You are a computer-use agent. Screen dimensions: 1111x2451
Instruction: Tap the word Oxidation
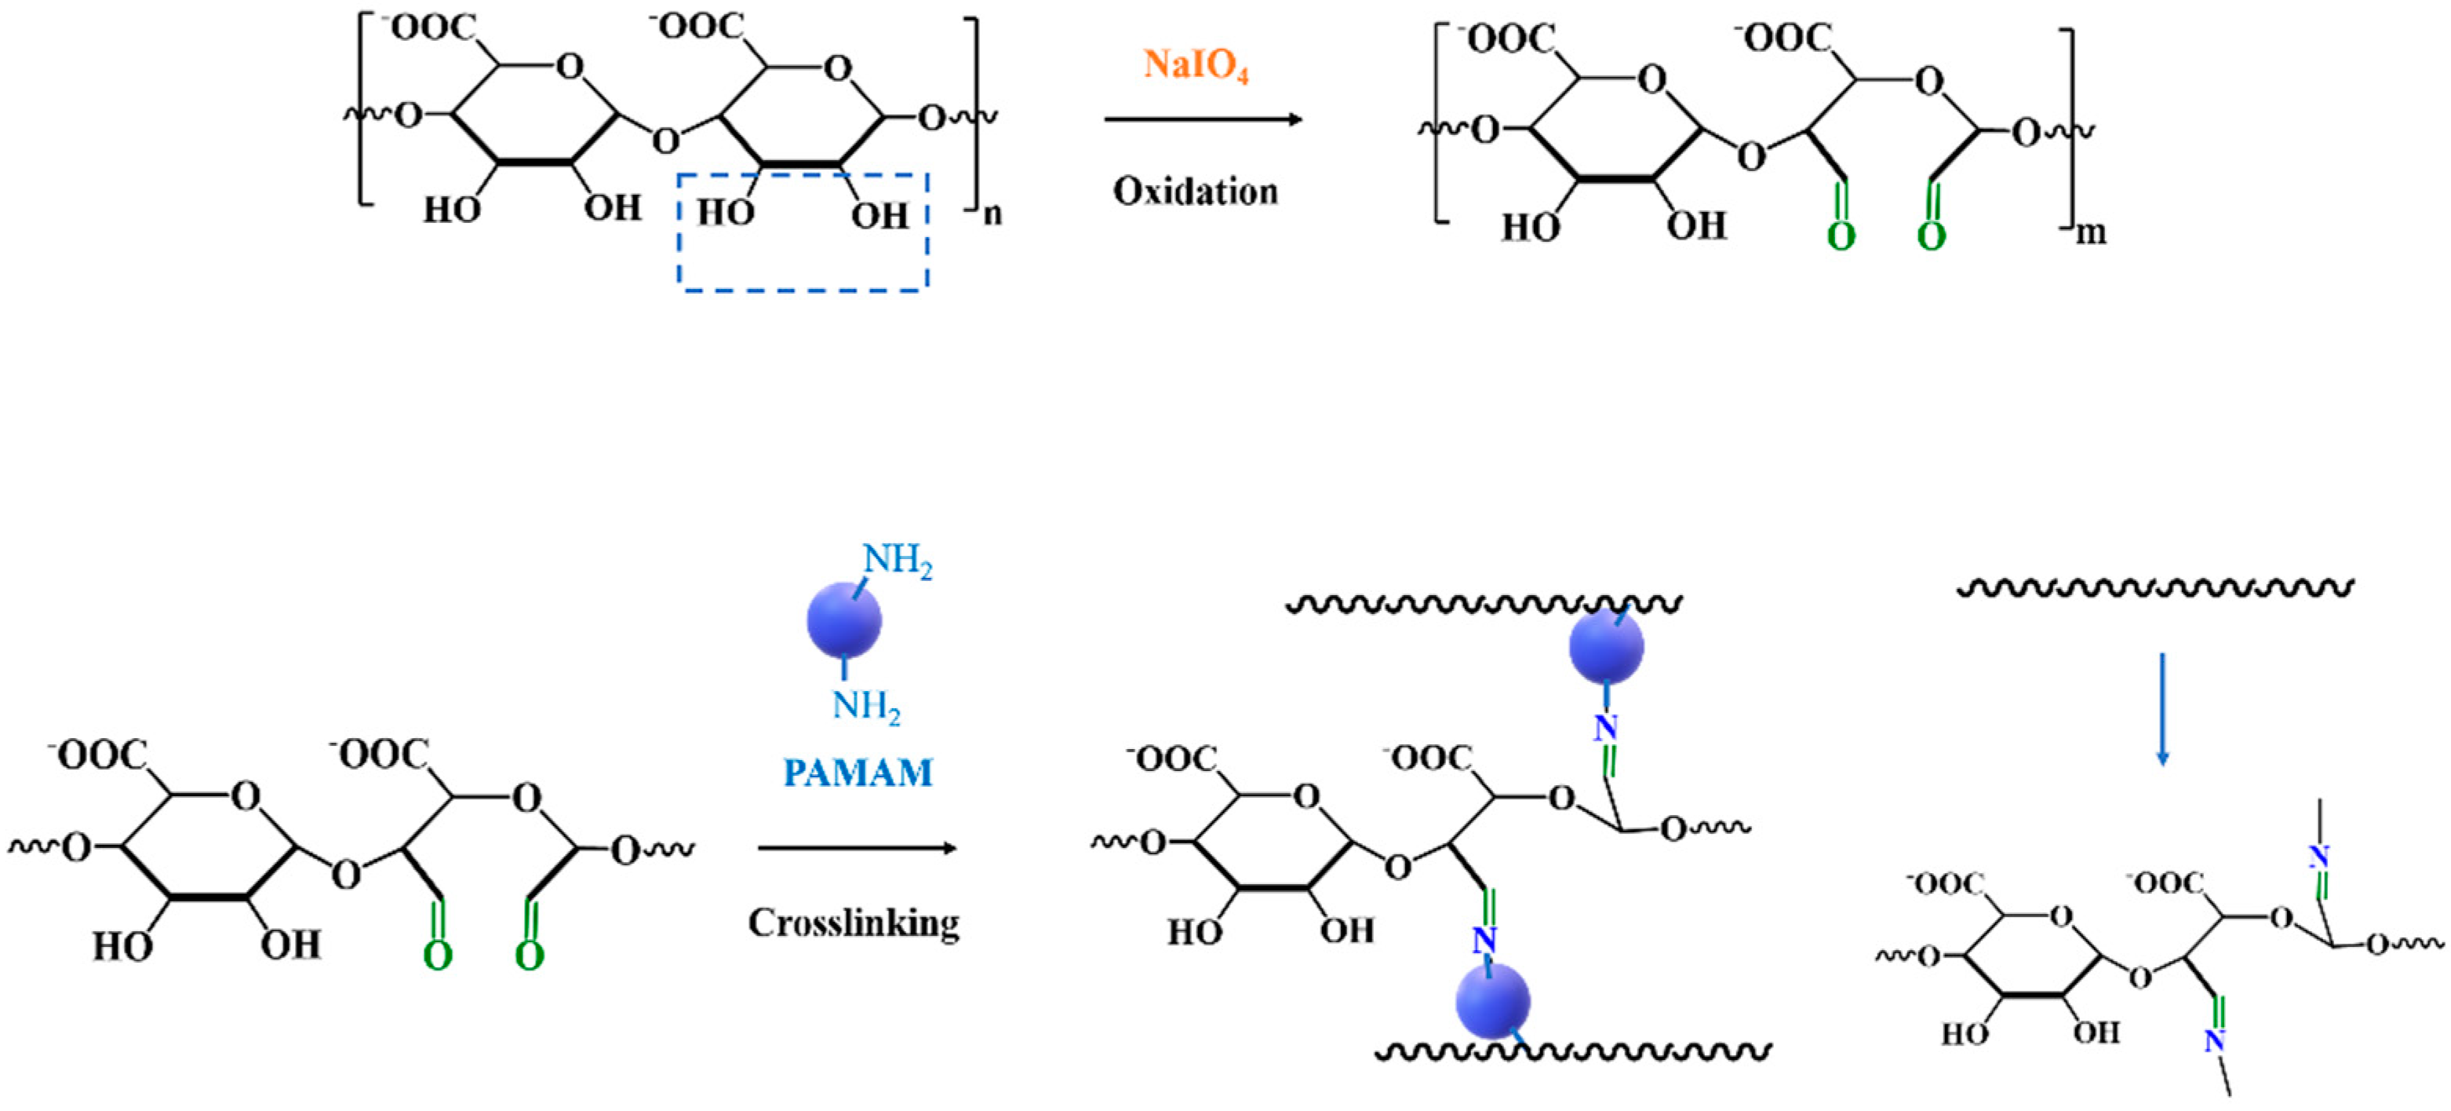pyautogui.click(x=1195, y=192)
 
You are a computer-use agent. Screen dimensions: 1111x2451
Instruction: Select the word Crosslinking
pyautogui.click(x=854, y=923)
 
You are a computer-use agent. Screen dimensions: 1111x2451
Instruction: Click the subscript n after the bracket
pyautogui.click(x=992, y=214)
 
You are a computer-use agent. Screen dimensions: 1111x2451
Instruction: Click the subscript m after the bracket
pyautogui.click(x=2089, y=232)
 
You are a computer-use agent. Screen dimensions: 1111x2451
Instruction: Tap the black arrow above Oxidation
pyautogui.click(x=1203, y=120)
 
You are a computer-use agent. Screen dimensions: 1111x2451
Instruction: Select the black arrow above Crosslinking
pyautogui.click(x=856, y=848)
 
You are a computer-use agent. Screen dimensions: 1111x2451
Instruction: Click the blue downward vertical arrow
pyautogui.click(x=2163, y=709)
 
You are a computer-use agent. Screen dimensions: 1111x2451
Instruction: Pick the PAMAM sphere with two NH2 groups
pyautogui.click(x=844, y=621)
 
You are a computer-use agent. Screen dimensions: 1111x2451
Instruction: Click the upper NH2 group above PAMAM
pyautogui.click(x=898, y=560)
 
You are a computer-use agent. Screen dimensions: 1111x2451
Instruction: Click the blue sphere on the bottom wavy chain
pyautogui.click(x=1492, y=1000)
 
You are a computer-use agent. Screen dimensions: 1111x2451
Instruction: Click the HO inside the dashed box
pyautogui.click(x=725, y=212)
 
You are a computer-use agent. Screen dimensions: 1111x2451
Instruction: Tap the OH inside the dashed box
pyautogui.click(x=880, y=216)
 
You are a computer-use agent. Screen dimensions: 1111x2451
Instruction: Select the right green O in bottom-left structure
pyautogui.click(x=529, y=955)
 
